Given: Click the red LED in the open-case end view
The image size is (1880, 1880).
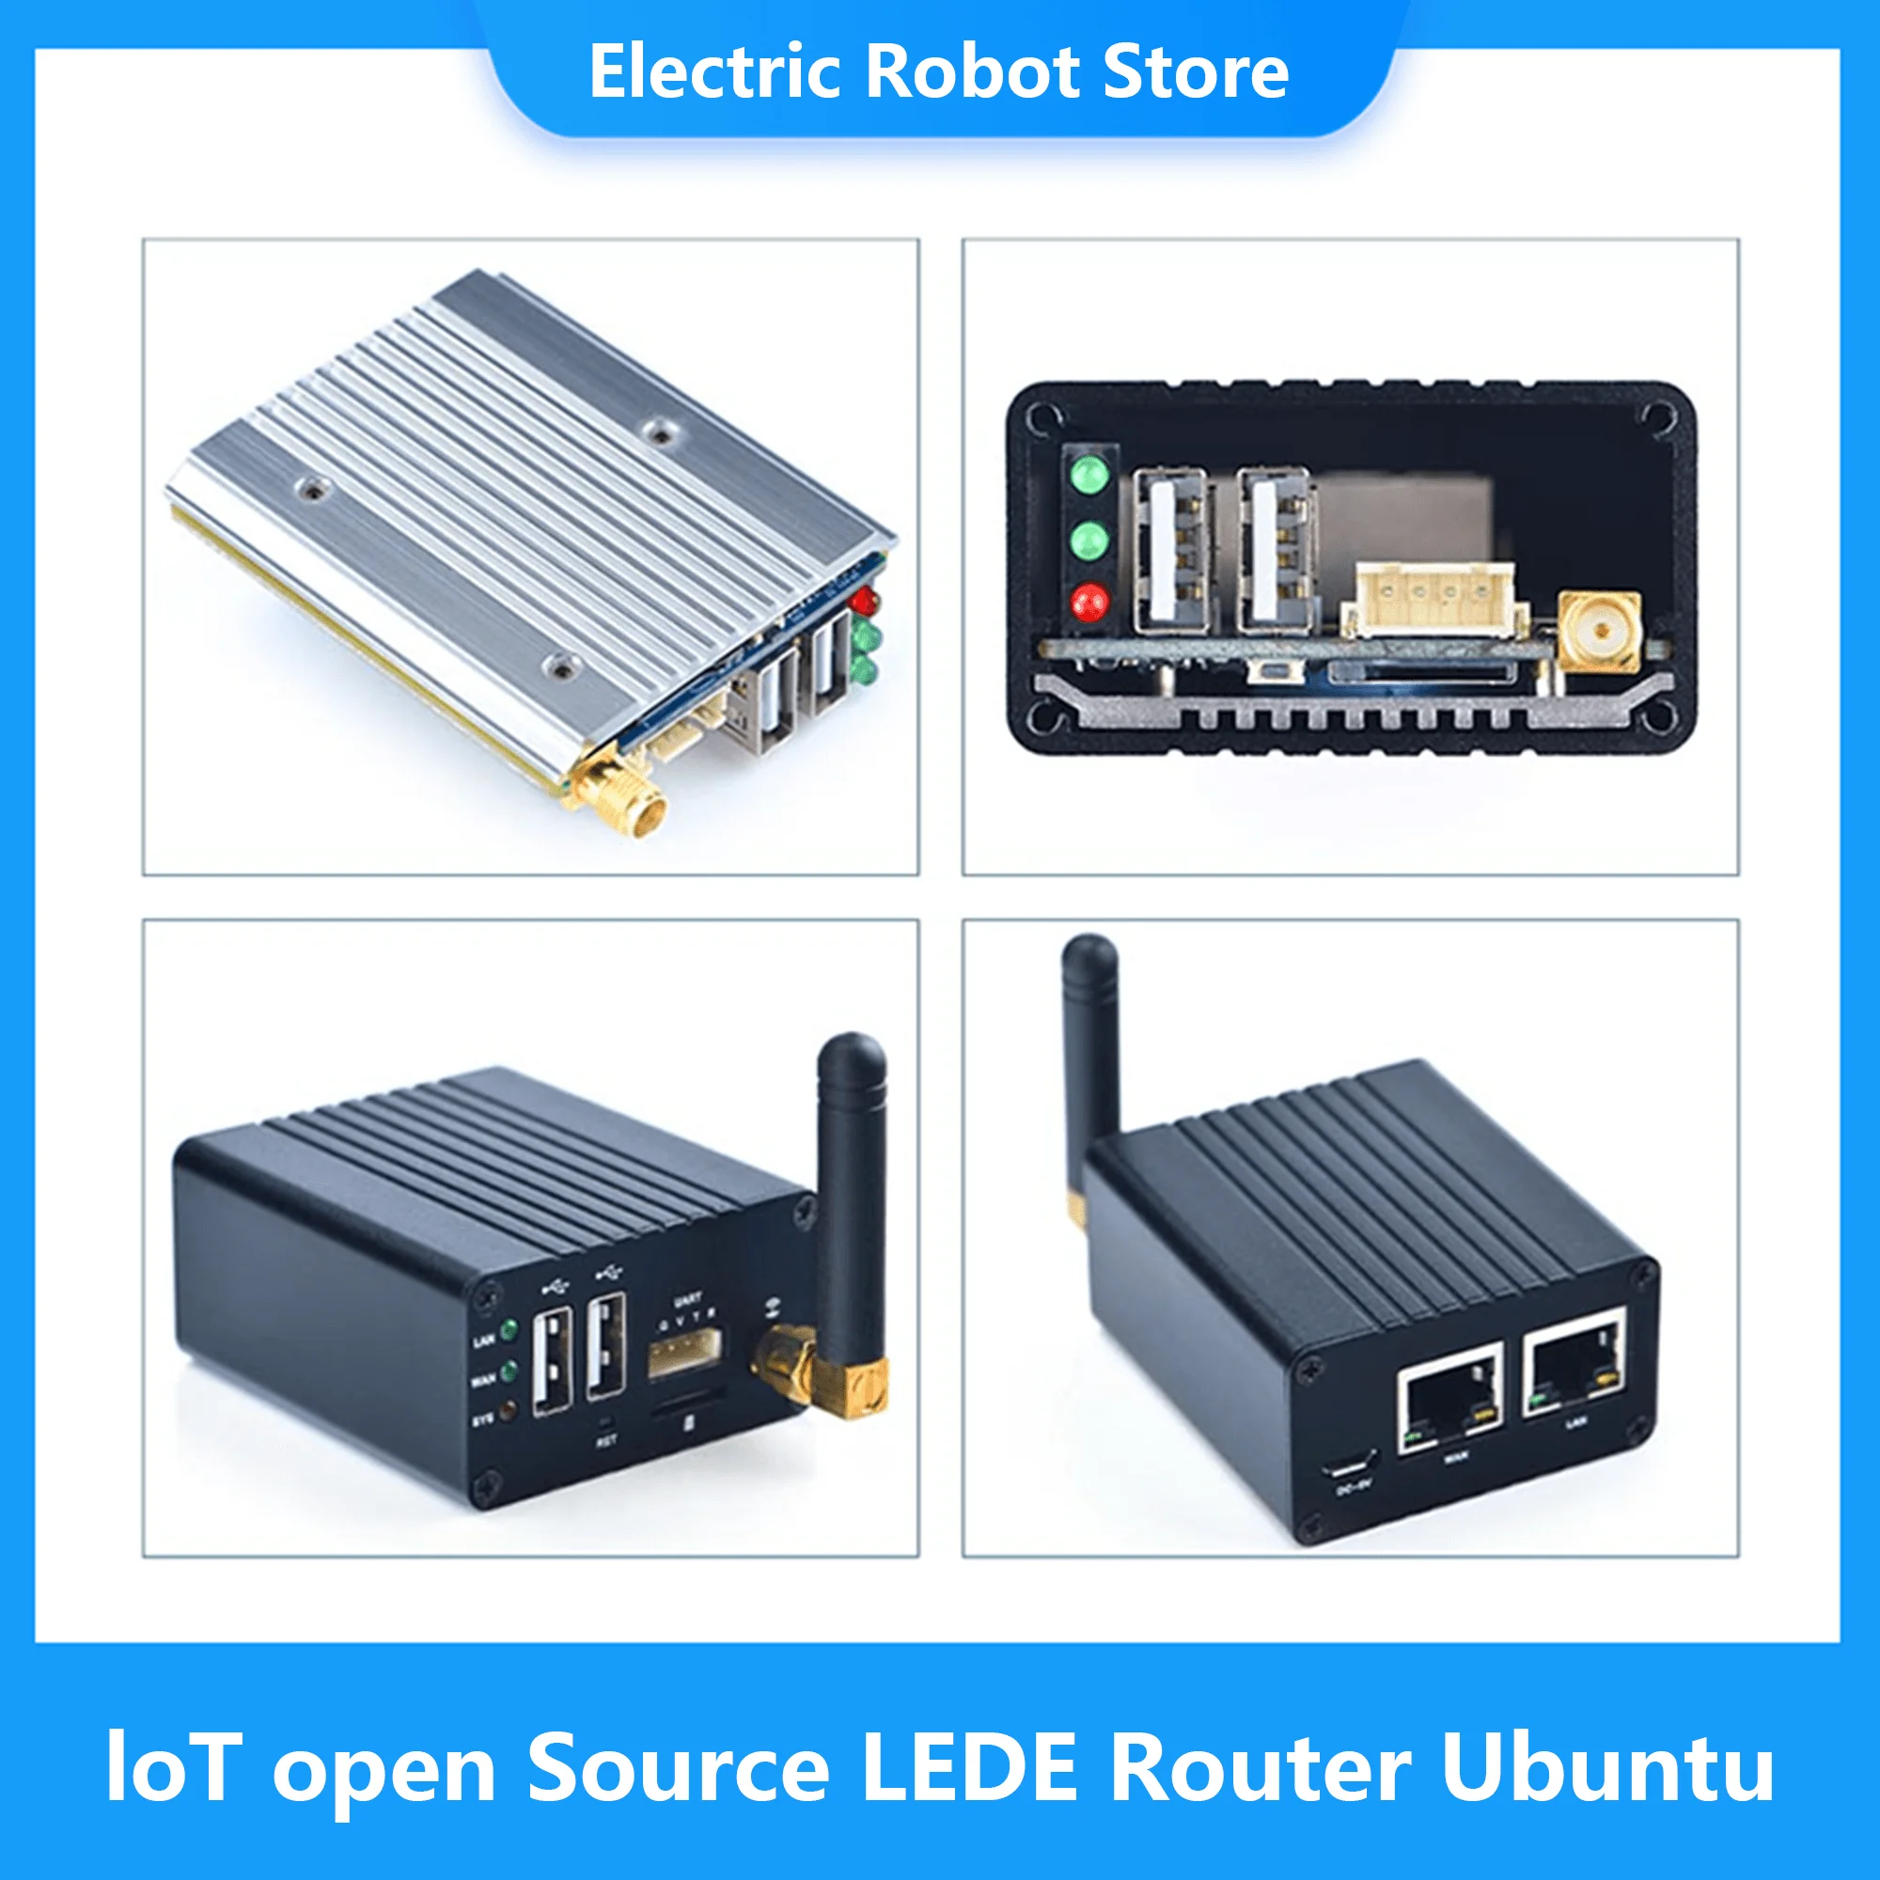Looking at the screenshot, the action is click(1089, 602).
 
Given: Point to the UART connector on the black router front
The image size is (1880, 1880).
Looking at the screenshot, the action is click(684, 1354).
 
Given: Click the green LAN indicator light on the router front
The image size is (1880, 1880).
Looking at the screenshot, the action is click(508, 1329).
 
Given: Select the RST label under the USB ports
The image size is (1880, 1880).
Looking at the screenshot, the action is click(606, 1441).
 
